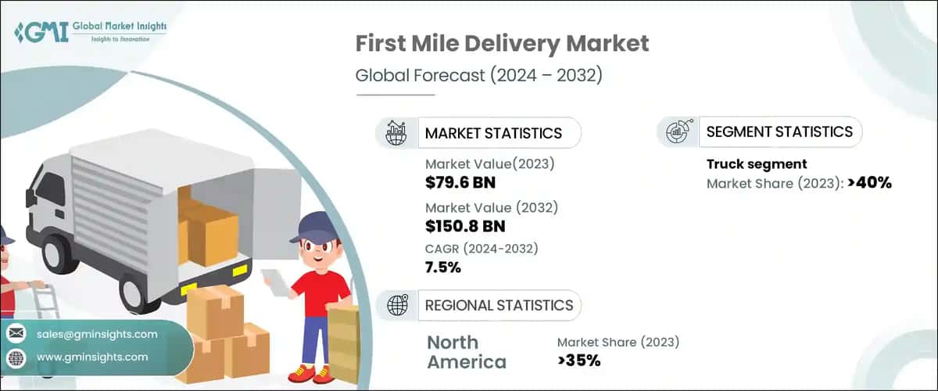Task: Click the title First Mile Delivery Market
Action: coord(502,43)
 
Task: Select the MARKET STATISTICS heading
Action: coord(493,133)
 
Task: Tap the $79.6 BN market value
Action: coord(460,184)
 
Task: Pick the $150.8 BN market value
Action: coord(465,227)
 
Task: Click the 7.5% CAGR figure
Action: coord(443,267)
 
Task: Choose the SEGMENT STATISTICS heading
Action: coord(779,132)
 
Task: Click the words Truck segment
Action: coord(757,164)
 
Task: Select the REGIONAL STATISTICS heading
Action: coord(499,305)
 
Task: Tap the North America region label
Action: coord(467,352)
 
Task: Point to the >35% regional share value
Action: coord(578,361)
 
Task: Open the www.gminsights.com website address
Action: coord(92,357)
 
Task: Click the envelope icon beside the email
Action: coord(16,334)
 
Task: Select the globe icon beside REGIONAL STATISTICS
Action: coord(399,305)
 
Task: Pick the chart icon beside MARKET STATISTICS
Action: coord(397,133)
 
